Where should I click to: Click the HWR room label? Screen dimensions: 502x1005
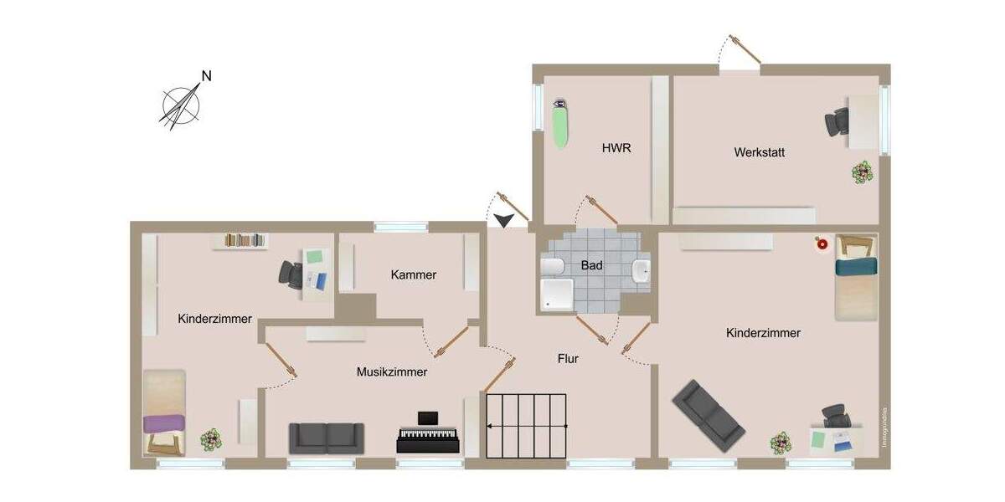pos(616,148)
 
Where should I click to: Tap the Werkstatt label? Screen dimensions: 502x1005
pos(759,152)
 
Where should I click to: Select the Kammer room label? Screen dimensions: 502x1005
pos(414,274)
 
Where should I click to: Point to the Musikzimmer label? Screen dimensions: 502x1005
pos(392,371)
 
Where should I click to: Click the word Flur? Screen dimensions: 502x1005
pos(569,359)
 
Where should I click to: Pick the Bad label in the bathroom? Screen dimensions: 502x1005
pos(592,265)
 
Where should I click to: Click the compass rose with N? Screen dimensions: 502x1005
pos(183,105)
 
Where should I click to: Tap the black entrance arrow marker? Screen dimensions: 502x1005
pos(504,220)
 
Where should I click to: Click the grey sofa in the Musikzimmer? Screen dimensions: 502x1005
pos(327,438)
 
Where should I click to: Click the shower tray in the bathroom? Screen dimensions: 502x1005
pos(555,294)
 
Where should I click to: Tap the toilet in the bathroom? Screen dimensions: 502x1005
pos(552,267)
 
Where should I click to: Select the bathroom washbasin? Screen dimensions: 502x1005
pos(642,271)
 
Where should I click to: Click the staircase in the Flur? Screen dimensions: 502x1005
pos(527,425)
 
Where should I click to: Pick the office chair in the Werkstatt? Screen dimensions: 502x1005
pos(837,123)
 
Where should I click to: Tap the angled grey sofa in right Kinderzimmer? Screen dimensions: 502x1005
pos(709,413)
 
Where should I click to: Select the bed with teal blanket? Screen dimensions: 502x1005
pos(855,287)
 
